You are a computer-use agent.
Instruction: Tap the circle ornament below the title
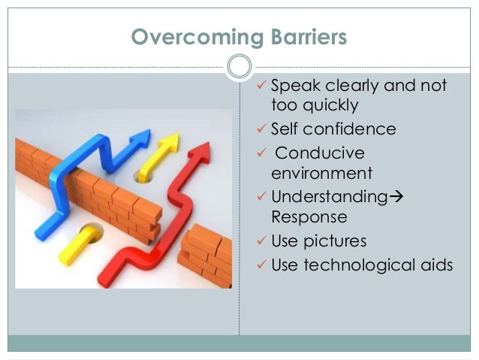[239, 67]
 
